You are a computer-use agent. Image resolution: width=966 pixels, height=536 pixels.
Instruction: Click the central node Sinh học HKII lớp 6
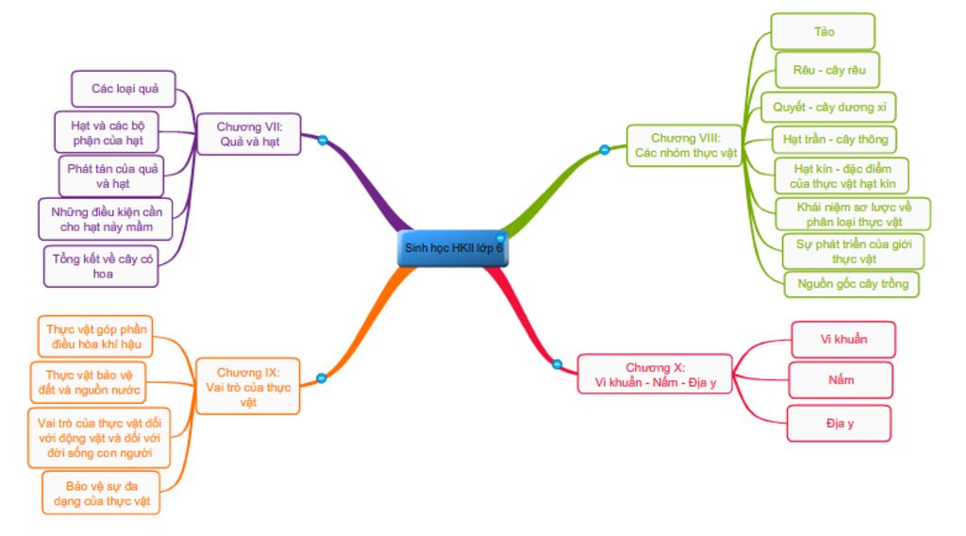pos(453,248)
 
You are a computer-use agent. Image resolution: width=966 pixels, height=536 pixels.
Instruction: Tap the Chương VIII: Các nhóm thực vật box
pos(686,144)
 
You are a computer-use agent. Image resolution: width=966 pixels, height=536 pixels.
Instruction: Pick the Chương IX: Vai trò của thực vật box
pos(248,386)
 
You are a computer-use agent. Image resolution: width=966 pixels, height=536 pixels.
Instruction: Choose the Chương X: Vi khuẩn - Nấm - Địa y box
pos(655,374)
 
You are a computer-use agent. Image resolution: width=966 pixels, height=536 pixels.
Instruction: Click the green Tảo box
pos(823,31)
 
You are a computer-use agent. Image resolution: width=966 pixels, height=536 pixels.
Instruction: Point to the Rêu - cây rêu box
pos(827,70)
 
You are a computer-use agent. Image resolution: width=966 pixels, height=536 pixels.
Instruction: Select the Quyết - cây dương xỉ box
pos(828,107)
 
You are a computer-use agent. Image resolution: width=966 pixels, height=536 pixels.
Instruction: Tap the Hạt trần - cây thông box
pos(834,140)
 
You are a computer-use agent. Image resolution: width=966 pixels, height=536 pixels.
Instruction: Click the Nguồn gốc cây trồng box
pos(852,283)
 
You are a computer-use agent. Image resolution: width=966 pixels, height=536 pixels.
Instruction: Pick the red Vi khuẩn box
pos(842,339)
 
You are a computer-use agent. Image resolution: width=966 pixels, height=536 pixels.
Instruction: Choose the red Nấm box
pos(841,380)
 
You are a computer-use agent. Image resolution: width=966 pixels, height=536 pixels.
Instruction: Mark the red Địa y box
pos(839,423)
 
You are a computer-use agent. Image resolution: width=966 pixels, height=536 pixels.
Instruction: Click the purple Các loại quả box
pos(124,89)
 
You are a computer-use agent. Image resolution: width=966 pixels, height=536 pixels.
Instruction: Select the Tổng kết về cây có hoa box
pos(101,266)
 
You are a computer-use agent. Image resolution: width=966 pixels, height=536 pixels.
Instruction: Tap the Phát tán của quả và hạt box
pos(111,176)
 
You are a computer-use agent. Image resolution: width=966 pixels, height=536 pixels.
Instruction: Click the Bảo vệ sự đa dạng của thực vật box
pos(101,494)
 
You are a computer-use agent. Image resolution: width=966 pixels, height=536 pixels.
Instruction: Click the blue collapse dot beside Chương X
pos(557,364)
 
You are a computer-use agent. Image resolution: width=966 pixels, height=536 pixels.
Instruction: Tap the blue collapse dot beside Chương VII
pos(323,140)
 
